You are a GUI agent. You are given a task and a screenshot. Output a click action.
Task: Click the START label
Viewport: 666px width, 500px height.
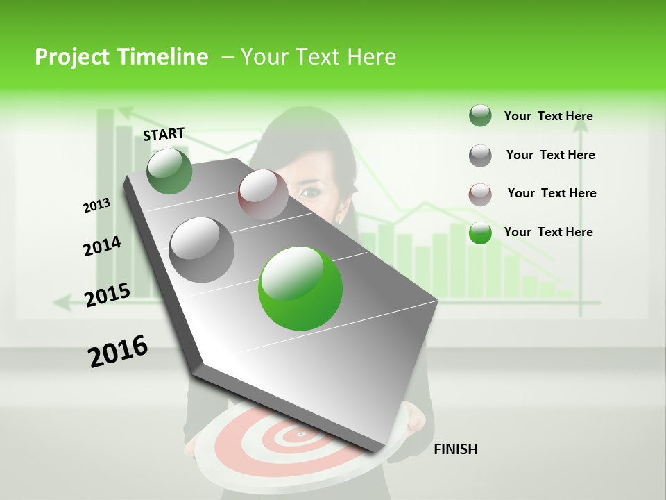click(x=164, y=133)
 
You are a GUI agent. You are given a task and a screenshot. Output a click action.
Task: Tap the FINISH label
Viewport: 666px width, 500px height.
click(x=455, y=449)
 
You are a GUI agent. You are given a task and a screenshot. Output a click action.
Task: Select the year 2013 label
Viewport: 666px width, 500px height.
click(x=96, y=206)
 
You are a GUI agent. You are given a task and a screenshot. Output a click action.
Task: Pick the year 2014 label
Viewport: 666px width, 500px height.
click(x=102, y=247)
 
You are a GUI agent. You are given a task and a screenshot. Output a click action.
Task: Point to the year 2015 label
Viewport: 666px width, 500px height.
click(x=107, y=295)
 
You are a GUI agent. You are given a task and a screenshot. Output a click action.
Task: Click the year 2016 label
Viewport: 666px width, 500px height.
click(x=118, y=351)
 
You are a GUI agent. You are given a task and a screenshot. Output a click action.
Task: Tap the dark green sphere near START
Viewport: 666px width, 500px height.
click(x=169, y=171)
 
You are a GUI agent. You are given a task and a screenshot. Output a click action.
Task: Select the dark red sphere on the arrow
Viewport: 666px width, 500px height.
click(x=263, y=193)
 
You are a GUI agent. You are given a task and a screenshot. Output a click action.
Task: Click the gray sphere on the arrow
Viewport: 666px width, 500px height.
click(x=201, y=249)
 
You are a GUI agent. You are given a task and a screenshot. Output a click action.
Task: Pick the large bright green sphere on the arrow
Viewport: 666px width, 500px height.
click(x=300, y=288)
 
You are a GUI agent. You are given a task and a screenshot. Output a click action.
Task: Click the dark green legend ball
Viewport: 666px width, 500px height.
click(x=480, y=116)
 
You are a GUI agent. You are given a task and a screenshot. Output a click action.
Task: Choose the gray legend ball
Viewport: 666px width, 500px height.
click(x=480, y=155)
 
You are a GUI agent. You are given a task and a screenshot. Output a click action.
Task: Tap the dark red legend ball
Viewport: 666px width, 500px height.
click(x=480, y=194)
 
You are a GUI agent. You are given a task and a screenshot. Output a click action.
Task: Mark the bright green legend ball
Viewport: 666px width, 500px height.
click(x=480, y=233)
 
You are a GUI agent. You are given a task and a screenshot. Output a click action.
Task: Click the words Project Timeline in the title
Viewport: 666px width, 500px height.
click(x=121, y=57)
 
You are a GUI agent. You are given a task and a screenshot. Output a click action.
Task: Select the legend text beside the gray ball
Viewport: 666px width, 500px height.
click(x=550, y=155)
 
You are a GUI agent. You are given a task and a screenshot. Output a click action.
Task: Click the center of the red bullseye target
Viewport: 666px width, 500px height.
click(x=301, y=435)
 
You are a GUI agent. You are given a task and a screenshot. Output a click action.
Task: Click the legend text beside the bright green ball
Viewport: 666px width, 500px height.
click(x=548, y=232)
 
